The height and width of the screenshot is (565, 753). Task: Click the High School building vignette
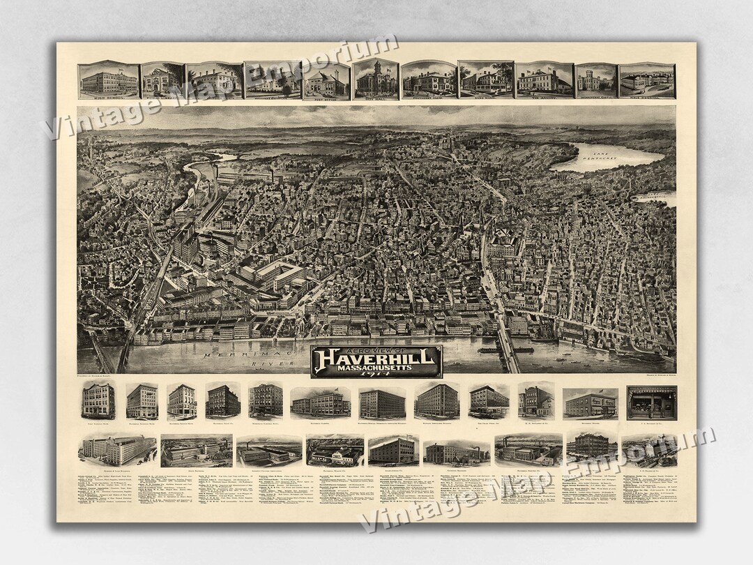click(x=109, y=80)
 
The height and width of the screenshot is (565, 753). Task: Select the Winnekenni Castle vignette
click(x=596, y=82)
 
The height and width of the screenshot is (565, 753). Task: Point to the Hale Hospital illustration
click(x=646, y=81)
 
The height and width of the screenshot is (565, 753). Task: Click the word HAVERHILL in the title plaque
click(x=376, y=357)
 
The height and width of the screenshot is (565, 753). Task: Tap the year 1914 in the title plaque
click(x=376, y=373)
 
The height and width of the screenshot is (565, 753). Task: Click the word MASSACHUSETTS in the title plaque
click(x=376, y=367)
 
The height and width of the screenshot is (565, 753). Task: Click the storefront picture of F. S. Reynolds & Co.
click(x=651, y=402)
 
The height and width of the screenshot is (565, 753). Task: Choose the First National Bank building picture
click(x=98, y=401)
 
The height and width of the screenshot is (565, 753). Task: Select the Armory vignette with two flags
click(x=545, y=81)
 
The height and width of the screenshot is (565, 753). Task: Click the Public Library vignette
click(x=162, y=82)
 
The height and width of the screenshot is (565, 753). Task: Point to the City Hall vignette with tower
click(x=376, y=80)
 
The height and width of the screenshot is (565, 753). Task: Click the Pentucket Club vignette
click(x=429, y=81)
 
